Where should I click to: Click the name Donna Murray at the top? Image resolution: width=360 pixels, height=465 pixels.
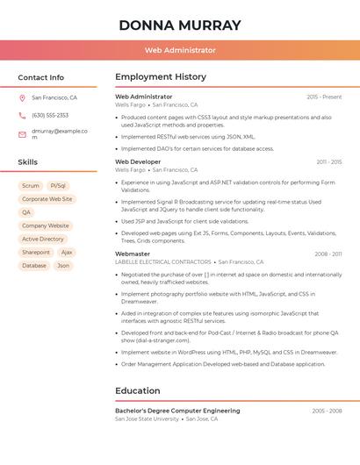(180, 25)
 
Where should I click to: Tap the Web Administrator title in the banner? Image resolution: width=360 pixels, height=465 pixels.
(180, 50)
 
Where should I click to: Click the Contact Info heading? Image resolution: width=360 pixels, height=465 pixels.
(40, 77)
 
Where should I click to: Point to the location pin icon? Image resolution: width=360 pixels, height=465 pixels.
(22, 97)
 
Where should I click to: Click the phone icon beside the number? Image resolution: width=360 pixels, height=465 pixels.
(22, 115)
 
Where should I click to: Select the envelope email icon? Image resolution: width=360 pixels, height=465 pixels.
(22, 134)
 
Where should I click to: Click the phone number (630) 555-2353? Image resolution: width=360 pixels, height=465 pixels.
(50, 115)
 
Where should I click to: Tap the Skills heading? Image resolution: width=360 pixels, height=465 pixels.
(27, 162)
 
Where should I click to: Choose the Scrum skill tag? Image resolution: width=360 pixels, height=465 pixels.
(31, 186)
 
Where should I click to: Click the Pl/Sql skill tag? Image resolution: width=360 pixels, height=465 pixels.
(58, 186)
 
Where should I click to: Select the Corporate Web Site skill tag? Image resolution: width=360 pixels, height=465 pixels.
(47, 199)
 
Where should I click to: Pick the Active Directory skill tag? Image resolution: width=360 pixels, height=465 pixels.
(43, 239)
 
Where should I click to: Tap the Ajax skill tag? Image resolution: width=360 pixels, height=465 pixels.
(67, 252)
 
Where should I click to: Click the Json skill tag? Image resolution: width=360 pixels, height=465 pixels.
(63, 265)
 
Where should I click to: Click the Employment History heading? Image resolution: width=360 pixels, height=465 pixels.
(161, 77)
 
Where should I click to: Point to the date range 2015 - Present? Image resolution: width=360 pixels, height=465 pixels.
(324, 97)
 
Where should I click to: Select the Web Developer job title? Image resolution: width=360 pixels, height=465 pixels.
(138, 162)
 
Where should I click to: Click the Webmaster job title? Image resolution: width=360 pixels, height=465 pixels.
(133, 254)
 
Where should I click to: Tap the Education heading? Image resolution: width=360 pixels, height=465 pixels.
(138, 390)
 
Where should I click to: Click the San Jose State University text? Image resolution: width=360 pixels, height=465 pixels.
(147, 419)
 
